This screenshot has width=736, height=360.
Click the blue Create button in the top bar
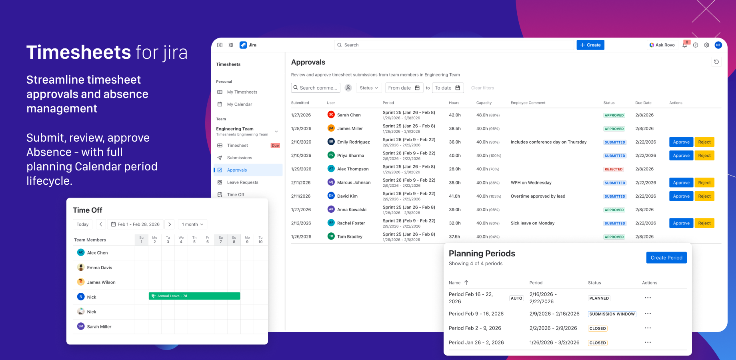(x=590, y=45)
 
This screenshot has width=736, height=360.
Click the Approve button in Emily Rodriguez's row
(x=681, y=142)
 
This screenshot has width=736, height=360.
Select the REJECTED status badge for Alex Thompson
(x=613, y=169)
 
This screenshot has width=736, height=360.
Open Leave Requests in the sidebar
(x=242, y=182)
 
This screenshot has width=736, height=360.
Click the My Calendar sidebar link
(x=239, y=104)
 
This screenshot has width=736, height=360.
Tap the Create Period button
(x=666, y=258)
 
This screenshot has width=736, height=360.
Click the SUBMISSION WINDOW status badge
(x=612, y=314)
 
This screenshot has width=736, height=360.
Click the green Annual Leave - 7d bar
(x=194, y=296)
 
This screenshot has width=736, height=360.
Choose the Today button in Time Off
(x=82, y=224)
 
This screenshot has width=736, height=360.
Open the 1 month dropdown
(x=192, y=224)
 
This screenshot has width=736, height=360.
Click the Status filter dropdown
(x=368, y=88)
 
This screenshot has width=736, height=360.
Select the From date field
(x=403, y=88)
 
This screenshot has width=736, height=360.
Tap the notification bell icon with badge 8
(x=685, y=45)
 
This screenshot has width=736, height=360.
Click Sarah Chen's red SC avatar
(x=331, y=115)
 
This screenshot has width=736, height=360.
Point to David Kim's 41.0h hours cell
(x=455, y=196)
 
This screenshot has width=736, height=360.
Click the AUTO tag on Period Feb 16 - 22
(x=516, y=298)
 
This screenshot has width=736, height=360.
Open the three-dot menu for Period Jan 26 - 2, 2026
(x=648, y=342)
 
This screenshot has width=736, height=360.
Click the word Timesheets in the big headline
(x=78, y=52)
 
